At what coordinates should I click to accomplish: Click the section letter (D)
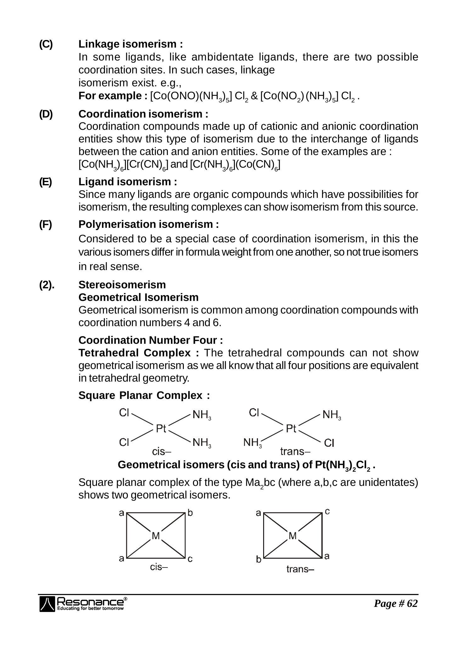point(46,114)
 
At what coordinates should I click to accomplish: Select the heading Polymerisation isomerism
point(148,224)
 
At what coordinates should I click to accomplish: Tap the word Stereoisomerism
point(122,285)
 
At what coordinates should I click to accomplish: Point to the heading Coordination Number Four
point(150,340)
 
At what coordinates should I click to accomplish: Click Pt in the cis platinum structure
point(161,429)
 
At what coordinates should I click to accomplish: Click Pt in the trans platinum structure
point(291,429)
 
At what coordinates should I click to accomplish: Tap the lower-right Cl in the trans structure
point(329,443)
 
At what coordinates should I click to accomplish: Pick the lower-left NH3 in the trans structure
point(252,443)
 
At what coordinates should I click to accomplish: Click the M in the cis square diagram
point(156,536)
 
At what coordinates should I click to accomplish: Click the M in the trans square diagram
point(293,536)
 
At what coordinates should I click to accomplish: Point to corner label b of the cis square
point(190,513)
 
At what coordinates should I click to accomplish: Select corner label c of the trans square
point(327,511)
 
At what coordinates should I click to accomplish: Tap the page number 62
point(396,603)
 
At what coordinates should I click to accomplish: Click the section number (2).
point(47,285)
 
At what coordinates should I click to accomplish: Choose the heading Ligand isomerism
point(127,182)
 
